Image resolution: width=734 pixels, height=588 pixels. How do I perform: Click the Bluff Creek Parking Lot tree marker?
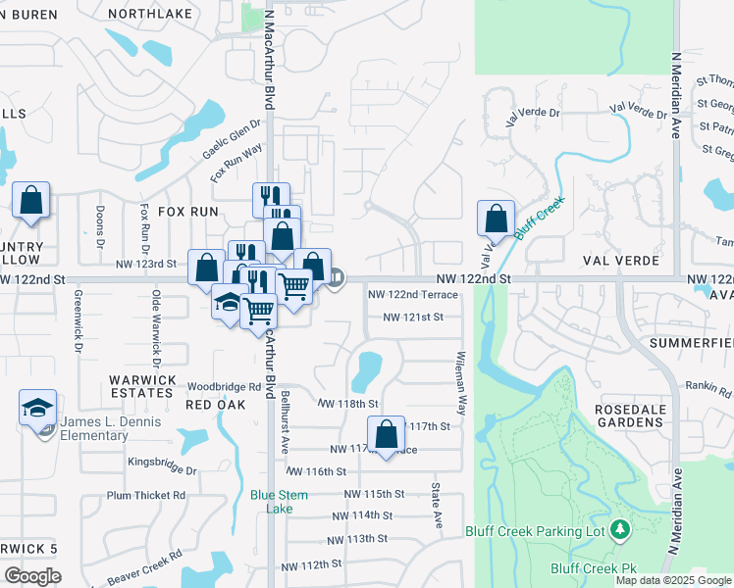click(619, 530)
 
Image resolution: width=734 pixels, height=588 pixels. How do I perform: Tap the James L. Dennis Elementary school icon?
click(38, 408)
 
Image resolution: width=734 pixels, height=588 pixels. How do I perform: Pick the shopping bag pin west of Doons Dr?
click(31, 201)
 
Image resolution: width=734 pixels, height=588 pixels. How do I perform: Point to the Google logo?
click(33, 575)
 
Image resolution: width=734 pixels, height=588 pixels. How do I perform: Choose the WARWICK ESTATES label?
click(143, 386)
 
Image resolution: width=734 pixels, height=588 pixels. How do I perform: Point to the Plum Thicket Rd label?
click(146, 495)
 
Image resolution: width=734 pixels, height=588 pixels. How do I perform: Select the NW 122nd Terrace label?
click(413, 294)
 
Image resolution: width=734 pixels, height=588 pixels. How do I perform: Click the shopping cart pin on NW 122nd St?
click(294, 286)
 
